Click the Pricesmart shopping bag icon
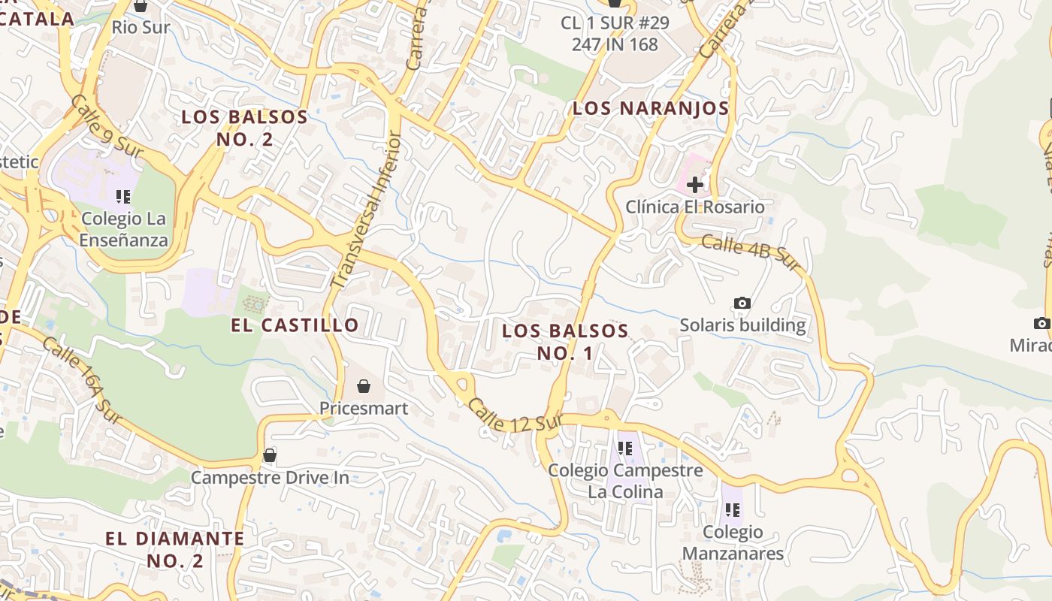[x=364, y=386]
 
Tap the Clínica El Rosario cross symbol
[x=695, y=184]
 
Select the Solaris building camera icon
[x=742, y=303]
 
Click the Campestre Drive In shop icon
[x=269, y=455]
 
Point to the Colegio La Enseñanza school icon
[x=123, y=197]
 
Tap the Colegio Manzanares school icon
[x=733, y=510]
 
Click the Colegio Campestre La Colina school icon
[x=624, y=448]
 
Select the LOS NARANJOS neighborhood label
[x=651, y=108]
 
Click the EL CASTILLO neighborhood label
[x=295, y=325]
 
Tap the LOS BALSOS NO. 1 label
[x=565, y=342]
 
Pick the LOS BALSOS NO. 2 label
[x=244, y=128]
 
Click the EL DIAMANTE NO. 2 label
[x=174, y=549]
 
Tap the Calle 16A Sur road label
[x=82, y=380]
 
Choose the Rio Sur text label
[x=141, y=28]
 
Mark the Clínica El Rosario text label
[x=695, y=207]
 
